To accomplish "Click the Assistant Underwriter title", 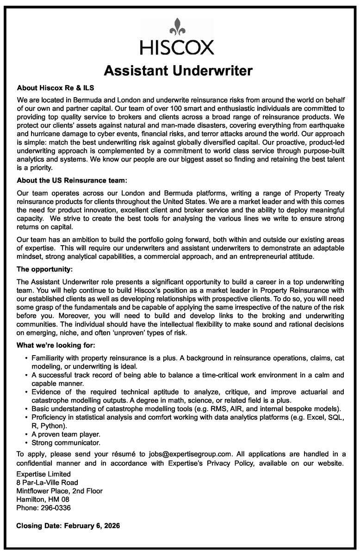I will (x=178, y=71).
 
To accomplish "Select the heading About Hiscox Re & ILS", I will (x=56, y=87).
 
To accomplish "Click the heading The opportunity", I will (x=45, y=268).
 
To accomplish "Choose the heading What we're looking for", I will (x=56, y=345).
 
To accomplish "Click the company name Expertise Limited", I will (x=43, y=474).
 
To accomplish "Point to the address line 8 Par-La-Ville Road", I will (x=47, y=482).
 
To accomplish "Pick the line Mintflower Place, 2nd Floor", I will (x=59, y=491).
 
